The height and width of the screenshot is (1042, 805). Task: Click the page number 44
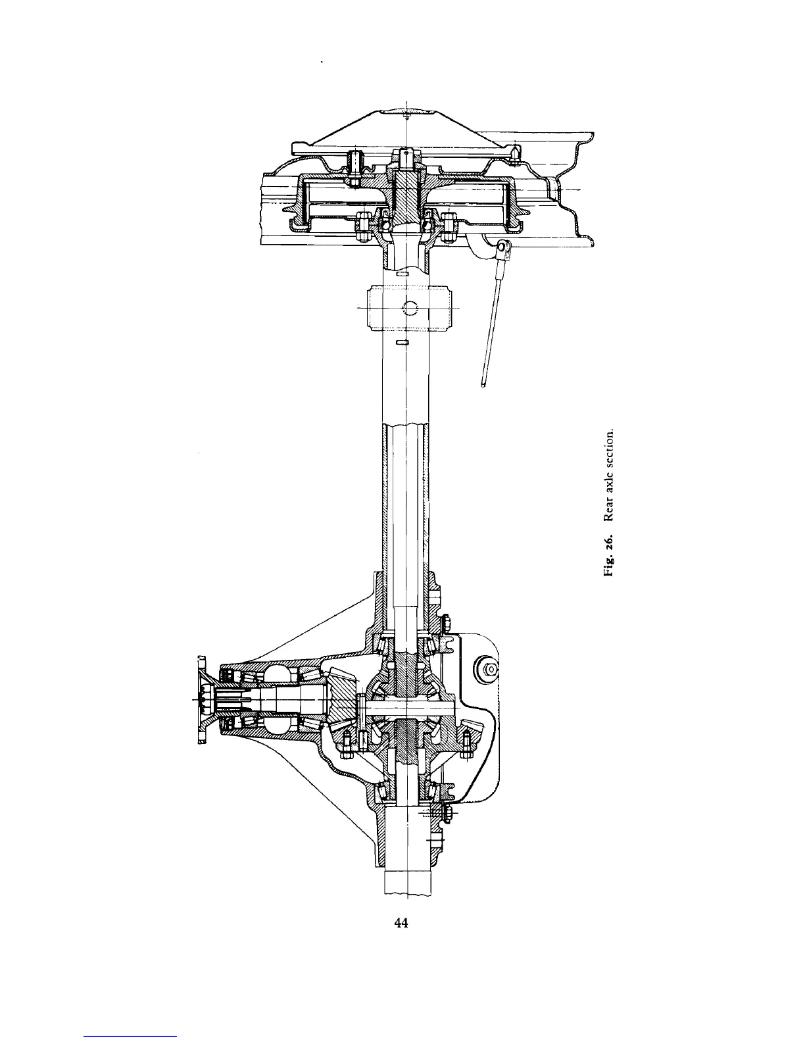[401, 923]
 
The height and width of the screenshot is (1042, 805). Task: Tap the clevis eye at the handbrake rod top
[504, 247]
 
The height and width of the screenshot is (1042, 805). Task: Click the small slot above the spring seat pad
[403, 272]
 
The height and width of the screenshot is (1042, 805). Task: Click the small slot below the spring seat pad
[403, 342]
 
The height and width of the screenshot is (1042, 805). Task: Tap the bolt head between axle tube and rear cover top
[445, 621]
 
